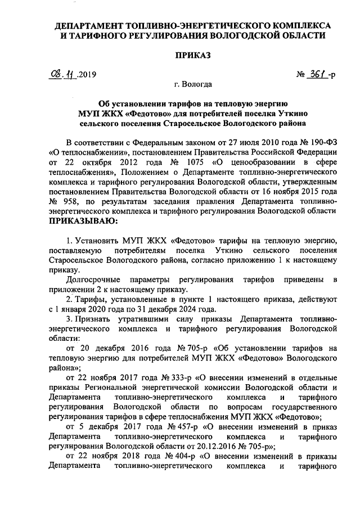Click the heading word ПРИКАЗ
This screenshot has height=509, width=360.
point(193,55)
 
